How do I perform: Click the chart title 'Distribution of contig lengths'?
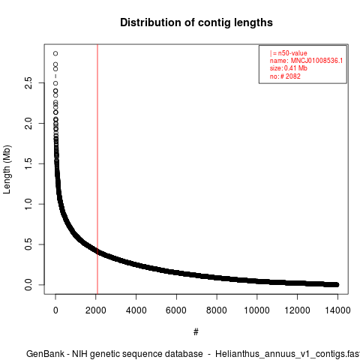[196, 22]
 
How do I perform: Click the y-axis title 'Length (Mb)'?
[7, 169]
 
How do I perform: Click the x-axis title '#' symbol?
[196, 332]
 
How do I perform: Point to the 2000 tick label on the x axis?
[96, 310]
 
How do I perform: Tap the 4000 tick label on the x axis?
[136, 310]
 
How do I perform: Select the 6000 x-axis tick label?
[176, 310]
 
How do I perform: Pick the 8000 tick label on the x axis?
[217, 310]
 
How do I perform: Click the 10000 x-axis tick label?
[256, 310]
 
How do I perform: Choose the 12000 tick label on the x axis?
[297, 310]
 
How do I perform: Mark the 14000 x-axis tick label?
[337, 310]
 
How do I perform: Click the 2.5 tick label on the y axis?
[28, 83]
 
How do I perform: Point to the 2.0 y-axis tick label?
[28, 123]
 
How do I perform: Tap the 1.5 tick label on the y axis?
[28, 163]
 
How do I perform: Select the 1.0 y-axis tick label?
[28, 204]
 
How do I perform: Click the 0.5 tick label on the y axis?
[28, 244]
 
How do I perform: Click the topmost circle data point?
[55, 53]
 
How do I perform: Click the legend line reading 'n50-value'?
[289, 53]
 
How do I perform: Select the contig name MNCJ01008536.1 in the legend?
[316, 61]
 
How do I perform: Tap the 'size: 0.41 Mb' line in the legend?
[289, 68]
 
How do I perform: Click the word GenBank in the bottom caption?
[46, 354]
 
